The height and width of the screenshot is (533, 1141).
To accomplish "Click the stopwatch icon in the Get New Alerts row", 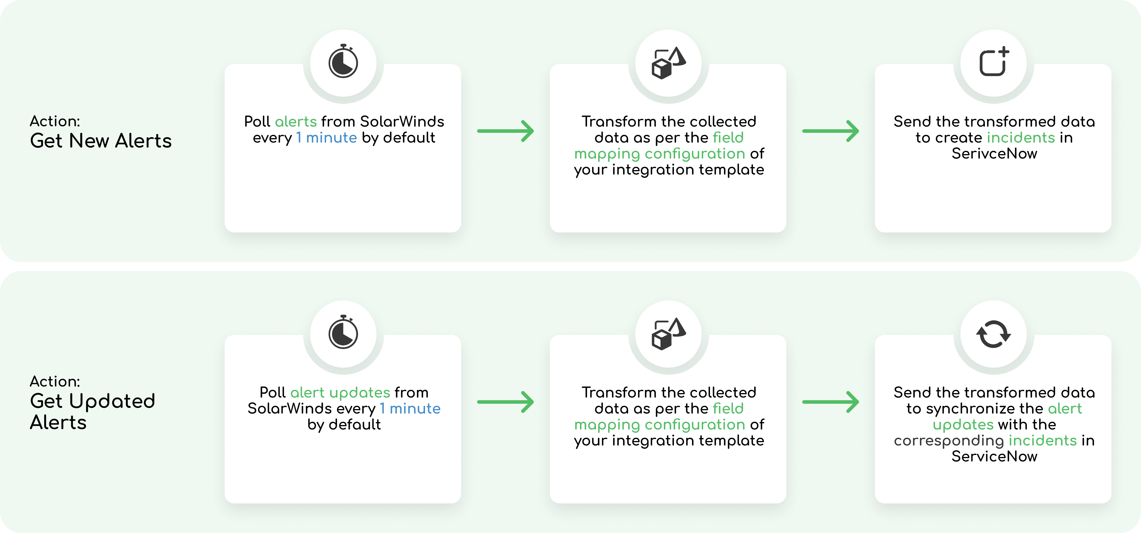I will coord(343,62).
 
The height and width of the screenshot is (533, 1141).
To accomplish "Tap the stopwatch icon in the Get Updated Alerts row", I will coord(343,333).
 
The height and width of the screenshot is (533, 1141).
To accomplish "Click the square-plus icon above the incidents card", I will coord(993,62).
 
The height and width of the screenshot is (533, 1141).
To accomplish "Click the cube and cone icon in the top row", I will coord(668,63).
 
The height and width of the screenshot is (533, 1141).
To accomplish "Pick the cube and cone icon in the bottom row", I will coord(668,334).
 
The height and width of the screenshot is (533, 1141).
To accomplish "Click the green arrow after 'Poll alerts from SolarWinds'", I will coord(505,131).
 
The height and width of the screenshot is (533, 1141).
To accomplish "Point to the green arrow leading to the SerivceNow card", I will coord(831,131).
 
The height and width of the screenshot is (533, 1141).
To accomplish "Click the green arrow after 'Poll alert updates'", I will coord(505,402).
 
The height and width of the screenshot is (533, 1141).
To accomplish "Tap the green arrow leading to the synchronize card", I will coord(831,402).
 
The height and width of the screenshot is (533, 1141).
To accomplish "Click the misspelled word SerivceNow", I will coord(994,154).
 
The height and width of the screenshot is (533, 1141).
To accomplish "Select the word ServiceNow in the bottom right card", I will coord(994,456).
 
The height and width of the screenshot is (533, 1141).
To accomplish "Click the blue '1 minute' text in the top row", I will coord(326,138).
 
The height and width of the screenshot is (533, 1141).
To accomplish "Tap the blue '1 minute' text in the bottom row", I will coord(410,408).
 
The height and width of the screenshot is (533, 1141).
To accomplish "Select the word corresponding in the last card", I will coord(948,441).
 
